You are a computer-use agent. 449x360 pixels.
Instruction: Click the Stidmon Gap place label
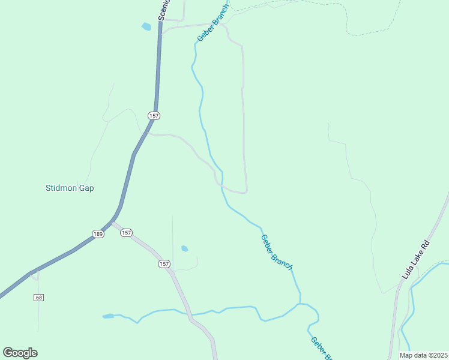tap(70, 188)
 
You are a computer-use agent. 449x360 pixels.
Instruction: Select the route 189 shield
tap(98, 233)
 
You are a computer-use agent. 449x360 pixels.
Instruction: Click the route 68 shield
tap(39, 298)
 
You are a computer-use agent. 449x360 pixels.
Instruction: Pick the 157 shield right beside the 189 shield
tap(126, 233)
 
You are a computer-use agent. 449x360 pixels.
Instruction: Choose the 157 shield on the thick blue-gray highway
tap(154, 115)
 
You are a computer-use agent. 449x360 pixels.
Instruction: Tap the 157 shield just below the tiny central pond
tap(164, 264)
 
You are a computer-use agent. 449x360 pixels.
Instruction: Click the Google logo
tap(20, 352)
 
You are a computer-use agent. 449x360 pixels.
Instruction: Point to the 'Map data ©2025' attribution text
tap(423, 355)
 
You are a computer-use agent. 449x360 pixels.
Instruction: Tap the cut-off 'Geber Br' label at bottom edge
tap(321, 348)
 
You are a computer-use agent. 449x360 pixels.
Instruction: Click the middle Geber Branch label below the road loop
tap(276, 252)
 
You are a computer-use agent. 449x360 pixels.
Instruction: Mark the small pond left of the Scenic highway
tap(146, 26)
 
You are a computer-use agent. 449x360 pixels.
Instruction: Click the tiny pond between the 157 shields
tap(185, 248)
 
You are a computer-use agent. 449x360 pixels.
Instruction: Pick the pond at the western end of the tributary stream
tap(108, 316)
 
